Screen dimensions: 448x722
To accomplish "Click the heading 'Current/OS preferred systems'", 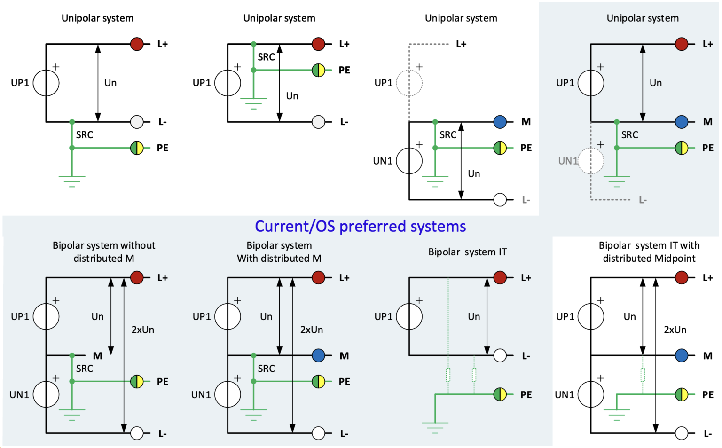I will [x=360, y=226].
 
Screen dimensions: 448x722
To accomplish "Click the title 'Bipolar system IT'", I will [x=467, y=252].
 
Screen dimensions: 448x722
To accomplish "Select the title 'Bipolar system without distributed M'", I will [x=104, y=252].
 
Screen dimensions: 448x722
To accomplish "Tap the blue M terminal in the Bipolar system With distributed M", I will [x=318, y=355].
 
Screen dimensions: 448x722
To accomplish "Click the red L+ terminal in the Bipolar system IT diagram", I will [x=500, y=278].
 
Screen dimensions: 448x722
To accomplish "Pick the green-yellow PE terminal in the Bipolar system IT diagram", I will [x=500, y=394].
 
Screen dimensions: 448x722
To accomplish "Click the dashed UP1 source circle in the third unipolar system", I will [x=409, y=83].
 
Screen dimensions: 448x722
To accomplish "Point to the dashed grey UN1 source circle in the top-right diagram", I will [x=590, y=161].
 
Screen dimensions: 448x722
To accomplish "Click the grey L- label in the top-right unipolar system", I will [x=643, y=200].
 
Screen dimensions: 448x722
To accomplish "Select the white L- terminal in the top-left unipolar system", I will [x=137, y=122].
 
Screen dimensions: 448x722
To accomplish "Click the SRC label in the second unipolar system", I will [x=266, y=57].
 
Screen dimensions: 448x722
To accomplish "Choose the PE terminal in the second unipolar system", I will [x=318, y=70].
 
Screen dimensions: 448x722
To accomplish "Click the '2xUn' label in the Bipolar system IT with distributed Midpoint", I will [x=675, y=330].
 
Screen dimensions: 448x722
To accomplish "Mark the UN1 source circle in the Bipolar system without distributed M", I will [x=46, y=394].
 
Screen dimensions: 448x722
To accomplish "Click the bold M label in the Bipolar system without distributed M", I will [x=97, y=356].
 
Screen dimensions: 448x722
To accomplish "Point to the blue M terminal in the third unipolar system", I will [x=500, y=122].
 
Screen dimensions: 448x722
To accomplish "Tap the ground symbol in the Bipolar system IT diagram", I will [x=435, y=427].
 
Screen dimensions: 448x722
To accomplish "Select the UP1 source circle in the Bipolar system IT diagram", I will [x=409, y=316].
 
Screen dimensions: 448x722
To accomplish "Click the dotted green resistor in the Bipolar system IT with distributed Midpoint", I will [x=642, y=375].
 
